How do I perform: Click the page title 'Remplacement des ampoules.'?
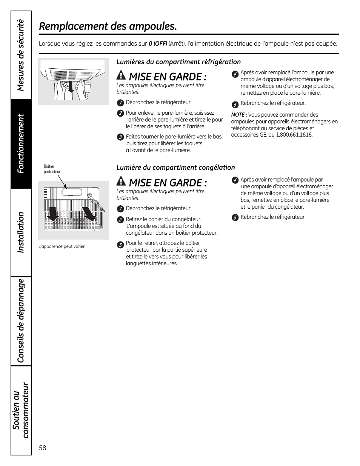(108, 26)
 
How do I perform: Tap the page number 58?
(42, 448)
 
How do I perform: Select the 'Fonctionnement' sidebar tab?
(21, 143)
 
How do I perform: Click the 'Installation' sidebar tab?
(21, 232)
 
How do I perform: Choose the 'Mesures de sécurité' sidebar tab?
(21, 55)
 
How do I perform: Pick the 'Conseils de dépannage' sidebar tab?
(21, 320)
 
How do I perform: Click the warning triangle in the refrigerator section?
(121, 75)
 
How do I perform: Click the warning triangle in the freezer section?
(121, 181)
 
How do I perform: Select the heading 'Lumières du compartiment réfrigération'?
(178, 62)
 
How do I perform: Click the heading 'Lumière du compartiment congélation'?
(175, 168)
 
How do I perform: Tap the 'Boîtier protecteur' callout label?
(52, 169)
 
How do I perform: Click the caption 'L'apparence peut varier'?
(61, 246)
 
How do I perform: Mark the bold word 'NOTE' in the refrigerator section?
(238, 115)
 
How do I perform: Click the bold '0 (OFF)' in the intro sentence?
(158, 44)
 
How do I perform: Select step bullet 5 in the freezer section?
(235, 217)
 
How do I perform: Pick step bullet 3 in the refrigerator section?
(120, 137)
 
